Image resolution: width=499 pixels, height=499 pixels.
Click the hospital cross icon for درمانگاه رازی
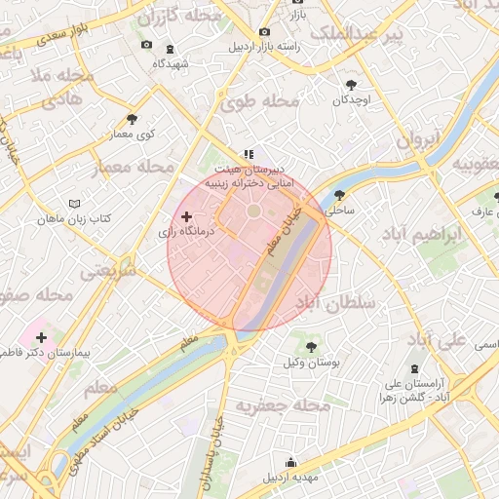(x=187, y=215)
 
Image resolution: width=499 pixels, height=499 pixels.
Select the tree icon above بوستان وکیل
(x=311, y=346)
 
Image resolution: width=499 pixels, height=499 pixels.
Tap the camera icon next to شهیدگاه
(x=146, y=44)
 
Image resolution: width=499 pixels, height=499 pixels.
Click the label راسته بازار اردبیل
(x=264, y=47)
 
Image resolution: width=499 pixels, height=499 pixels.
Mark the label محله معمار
(x=131, y=168)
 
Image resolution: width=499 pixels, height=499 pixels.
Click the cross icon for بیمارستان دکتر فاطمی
(x=40, y=336)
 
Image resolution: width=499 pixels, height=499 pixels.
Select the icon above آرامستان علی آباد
(x=416, y=367)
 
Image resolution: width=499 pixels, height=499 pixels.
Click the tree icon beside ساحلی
(x=339, y=194)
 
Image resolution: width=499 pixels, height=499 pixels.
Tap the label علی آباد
(x=436, y=341)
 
